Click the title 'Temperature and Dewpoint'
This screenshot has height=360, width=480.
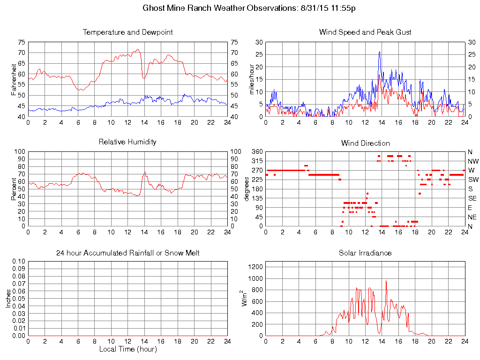(x=127, y=32)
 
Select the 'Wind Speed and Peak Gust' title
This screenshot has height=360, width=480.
(x=365, y=32)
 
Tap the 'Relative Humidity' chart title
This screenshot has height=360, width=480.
(x=127, y=142)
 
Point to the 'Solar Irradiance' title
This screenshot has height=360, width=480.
(x=365, y=253)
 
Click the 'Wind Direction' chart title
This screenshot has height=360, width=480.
(x=365, y=143)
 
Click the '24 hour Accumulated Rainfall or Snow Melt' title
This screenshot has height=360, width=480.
(x=127, y=253)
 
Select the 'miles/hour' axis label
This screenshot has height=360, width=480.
(x=252, y=79)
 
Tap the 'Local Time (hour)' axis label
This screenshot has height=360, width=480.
(x=127, y=349)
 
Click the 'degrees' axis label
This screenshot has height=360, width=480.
(x=247, y=189)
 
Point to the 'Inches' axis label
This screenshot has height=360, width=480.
(x=8, y=299)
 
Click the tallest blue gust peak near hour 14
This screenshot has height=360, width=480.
(x=379, y=52)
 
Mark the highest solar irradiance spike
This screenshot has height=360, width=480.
(x=386, y=281)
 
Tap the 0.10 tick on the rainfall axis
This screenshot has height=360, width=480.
(x=19, y=262)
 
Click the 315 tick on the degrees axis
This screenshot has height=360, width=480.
(x=257, y=161)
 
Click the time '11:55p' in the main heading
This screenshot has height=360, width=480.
(x=342, y=8)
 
